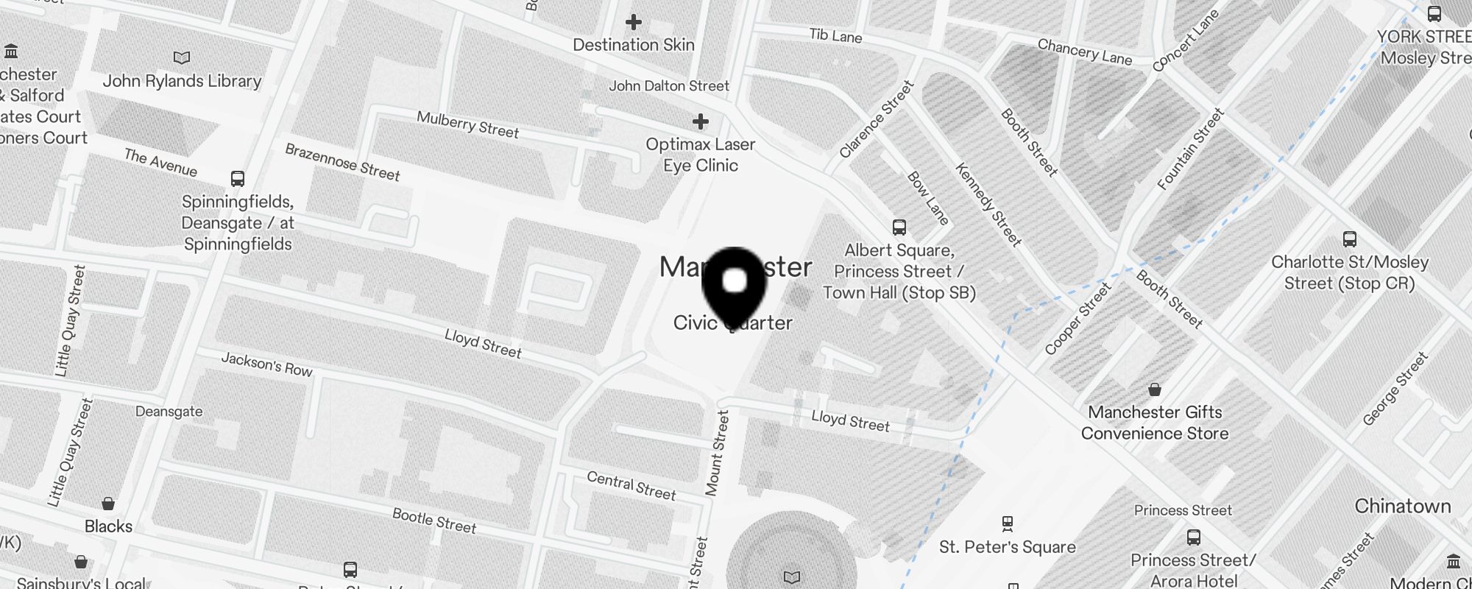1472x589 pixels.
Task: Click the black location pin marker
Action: [735, 283]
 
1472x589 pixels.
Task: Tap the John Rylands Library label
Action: [182, 81]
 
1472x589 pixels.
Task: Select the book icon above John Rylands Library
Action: [181, 57]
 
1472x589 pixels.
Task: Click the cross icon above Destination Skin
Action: [633, 22]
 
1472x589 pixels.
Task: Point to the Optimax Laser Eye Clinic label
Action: [700, 155]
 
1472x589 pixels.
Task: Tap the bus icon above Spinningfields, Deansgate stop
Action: [237, 179]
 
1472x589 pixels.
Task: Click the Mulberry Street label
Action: [467, 124]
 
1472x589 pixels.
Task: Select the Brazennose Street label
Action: [342, 162]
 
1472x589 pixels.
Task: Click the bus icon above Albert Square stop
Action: [899, 227]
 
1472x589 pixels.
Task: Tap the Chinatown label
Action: [1402, 507]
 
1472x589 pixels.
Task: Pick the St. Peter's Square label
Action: [1007, 547]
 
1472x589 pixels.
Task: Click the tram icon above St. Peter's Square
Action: [1007, 524]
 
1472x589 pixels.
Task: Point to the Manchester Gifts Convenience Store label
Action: [1154, 423]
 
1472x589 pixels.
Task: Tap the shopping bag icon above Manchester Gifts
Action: [1155, 389]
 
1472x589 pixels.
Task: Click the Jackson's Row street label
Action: [266, 364]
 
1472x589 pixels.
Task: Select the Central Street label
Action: [631, 486]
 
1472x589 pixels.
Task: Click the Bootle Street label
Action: [434, 520]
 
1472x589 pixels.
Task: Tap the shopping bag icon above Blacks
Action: [108, 504]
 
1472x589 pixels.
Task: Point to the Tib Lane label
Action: [835, 35]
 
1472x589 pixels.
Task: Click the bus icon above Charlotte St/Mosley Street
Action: [1349, 239]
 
